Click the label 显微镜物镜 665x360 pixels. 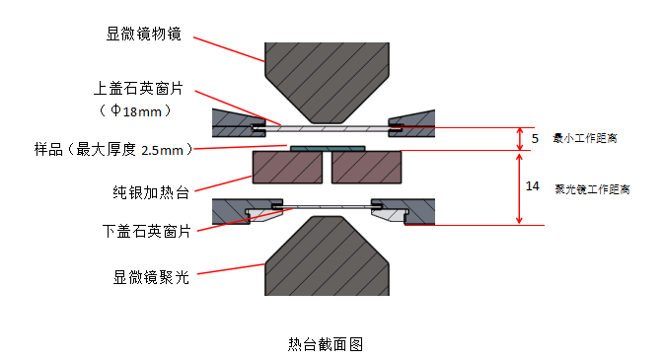click(143, 34)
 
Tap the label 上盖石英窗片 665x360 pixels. click(138, 89)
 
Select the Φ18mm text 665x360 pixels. click(136, 111)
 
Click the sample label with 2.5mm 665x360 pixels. click(113, 150)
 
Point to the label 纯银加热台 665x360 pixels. click(151, 192)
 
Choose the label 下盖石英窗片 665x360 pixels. click(147, 232)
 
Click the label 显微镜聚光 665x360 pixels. click(151, 278)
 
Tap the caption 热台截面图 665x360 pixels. click(326, 344)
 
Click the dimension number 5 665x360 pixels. click(535, 139)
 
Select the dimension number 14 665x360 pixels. click(532, 186)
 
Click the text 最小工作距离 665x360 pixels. click(585, 138)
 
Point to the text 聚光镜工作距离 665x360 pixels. click(592, 189)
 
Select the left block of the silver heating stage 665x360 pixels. click(287, 167)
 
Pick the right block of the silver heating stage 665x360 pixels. click(366, 167)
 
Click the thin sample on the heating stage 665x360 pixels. click(328, 148)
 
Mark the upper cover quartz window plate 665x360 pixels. click(327, 128)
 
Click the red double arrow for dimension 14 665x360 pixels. click(519, 188)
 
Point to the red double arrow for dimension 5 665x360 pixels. click(520, 139)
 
